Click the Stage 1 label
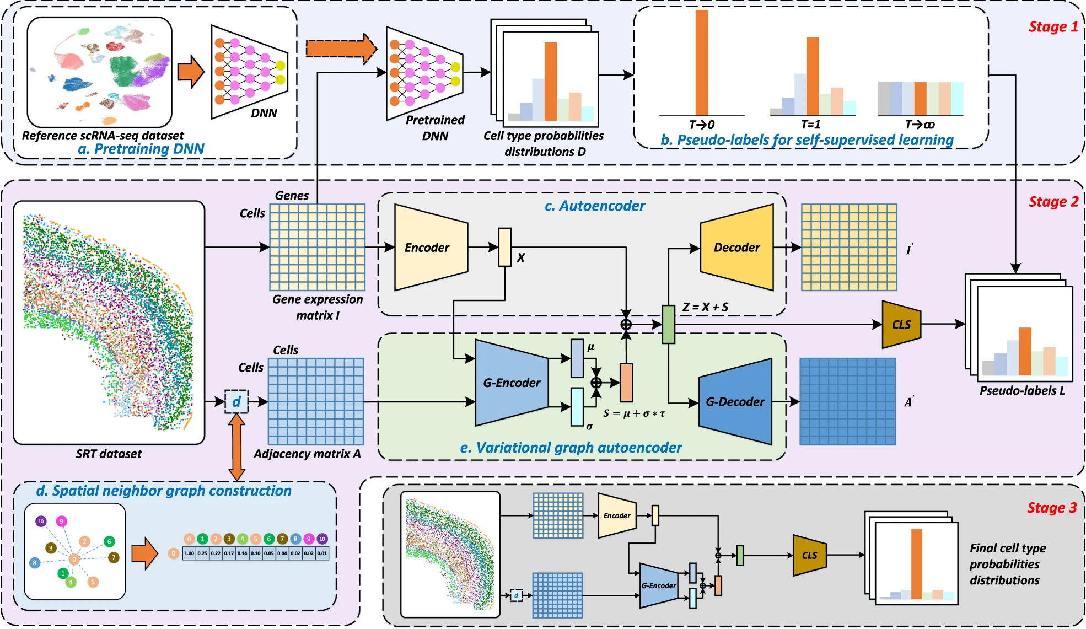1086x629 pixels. [1053, 27]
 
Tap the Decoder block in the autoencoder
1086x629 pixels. [736, 248]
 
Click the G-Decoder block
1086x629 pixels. [735, 402]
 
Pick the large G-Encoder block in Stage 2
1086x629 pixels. [511, 383]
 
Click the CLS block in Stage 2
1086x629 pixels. [901, 325]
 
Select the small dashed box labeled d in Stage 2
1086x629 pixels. [236, 401]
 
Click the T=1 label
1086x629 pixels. [810, 125]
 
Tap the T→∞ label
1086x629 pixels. [920, 125]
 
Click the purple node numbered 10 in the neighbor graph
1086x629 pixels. [41, 521]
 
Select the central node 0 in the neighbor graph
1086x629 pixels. [74, 559]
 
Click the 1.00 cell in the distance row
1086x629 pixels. [189, 553]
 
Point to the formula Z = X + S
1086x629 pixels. [705, 307]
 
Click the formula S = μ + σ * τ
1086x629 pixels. [634, 413]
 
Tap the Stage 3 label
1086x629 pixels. [1051, 508]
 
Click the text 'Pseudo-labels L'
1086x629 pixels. [1022, 391]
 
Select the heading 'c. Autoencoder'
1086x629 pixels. [594, 206]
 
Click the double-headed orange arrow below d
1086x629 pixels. [236, 447]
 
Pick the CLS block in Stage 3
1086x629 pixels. [809, 555]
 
